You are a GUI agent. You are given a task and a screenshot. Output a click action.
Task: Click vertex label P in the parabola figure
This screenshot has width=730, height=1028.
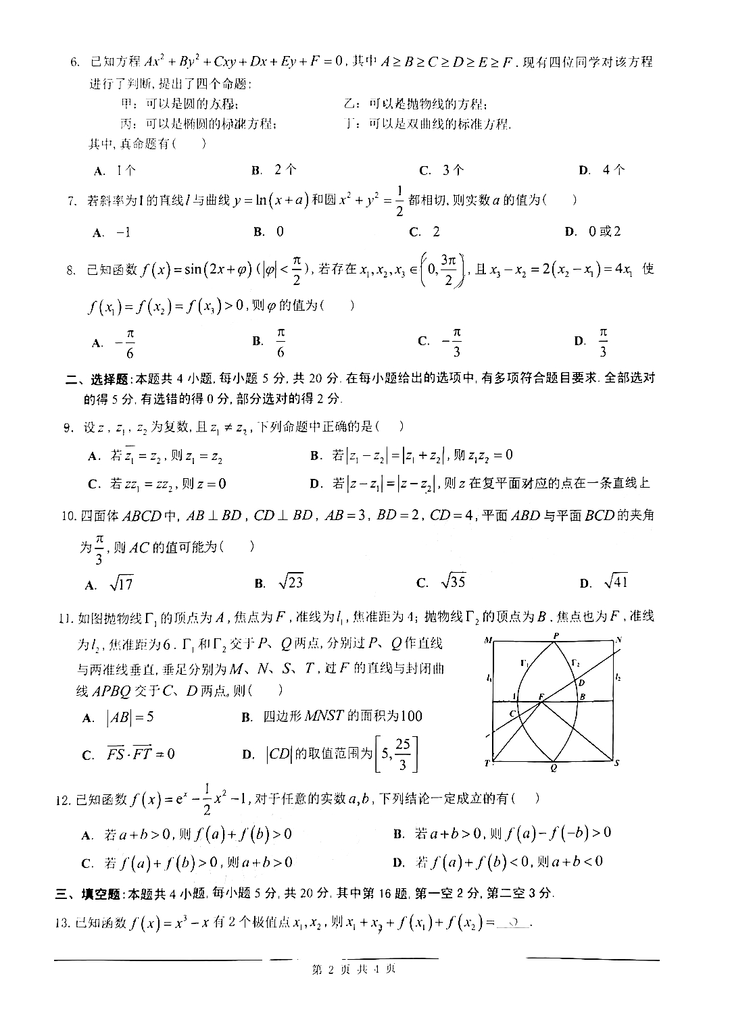pyautogui.click(x=556, y=636)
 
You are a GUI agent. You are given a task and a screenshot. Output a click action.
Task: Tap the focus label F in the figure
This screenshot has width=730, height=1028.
pyautogui.click(x=541, y=695)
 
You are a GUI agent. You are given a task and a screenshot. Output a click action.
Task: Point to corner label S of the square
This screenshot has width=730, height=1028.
pyautogui.click(x=616, y=763)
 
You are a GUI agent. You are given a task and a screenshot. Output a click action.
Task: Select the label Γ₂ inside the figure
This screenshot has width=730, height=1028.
pyautogui.click(x=575, y=663)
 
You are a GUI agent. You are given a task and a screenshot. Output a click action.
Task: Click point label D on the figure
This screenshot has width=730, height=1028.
pyautogui.click(x=581, y=683)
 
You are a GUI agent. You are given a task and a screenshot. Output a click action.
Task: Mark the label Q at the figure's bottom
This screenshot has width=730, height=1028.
pyautogui.click(x=554, y=768)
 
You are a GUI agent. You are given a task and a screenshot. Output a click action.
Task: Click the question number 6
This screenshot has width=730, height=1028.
pyautogui.click(x=76, y=63)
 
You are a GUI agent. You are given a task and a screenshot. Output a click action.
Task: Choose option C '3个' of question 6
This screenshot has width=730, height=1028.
pyautogui.click(x=442, y=170)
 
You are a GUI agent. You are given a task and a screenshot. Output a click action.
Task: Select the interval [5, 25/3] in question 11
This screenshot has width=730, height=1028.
pyautogui.click(x=397, y=754)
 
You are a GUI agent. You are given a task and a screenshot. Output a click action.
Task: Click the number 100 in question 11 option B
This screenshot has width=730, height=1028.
pyautogui.click(x=410, y=716)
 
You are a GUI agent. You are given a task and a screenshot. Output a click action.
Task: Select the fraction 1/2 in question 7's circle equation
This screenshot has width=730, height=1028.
pyautogui.click(x=398, y=201)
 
